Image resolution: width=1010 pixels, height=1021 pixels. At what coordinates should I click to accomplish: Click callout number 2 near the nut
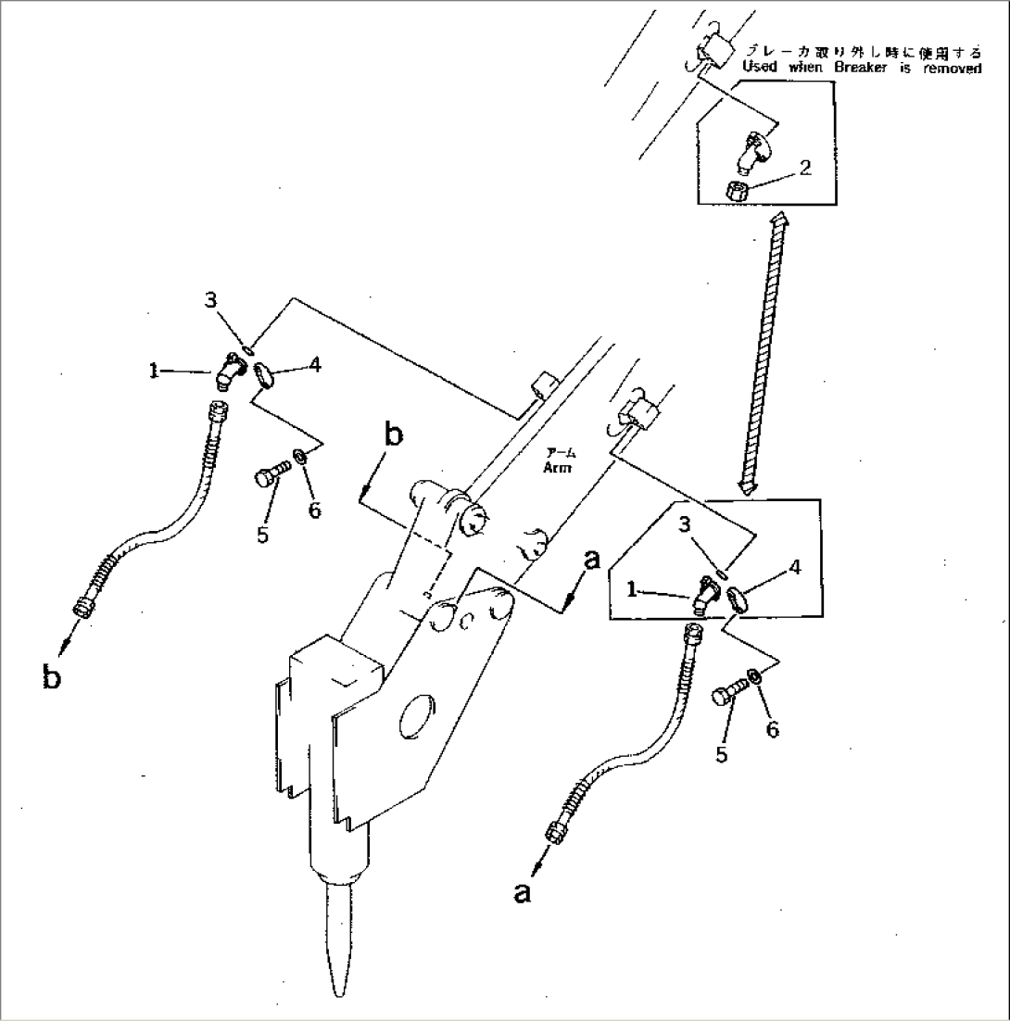coord(804,168)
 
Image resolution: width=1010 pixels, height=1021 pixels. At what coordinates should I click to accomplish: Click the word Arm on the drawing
coord(560,468)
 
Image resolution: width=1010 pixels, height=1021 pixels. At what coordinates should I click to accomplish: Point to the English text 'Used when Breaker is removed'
coord(861,69)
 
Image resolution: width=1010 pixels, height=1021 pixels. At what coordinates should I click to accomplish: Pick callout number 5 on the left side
coord(263,536)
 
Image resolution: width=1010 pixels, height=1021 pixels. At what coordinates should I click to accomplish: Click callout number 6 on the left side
coord(314,510)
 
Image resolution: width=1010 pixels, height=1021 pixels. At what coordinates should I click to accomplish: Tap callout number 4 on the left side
coord(315,365)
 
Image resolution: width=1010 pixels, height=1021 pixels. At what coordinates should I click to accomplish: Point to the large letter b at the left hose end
coord(52,678)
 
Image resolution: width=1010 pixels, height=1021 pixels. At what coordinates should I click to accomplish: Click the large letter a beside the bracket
coord(592,560)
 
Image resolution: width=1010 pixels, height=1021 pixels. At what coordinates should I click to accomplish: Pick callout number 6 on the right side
coord(771,729)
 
